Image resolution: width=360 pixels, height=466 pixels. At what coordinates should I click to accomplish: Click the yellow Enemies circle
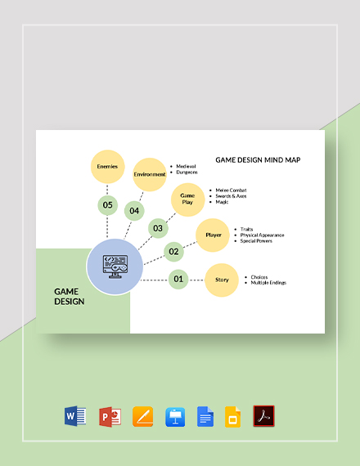(108, 167)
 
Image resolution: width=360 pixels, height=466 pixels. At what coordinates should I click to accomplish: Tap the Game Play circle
(187, 199)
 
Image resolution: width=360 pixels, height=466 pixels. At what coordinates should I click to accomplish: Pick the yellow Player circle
(214, 235)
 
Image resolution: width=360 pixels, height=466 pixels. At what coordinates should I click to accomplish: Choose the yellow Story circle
(222, 280)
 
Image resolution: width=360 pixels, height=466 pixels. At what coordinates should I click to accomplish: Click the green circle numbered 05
(107, 205)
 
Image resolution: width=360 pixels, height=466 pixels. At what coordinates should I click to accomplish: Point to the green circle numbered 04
(134, 211)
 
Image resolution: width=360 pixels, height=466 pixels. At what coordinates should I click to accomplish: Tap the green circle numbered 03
(157, 228)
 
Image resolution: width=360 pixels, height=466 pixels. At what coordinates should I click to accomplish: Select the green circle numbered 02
(173, 252)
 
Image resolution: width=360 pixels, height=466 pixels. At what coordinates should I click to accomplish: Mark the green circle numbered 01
(178, 280)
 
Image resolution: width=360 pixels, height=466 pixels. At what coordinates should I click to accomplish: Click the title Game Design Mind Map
(258, 160)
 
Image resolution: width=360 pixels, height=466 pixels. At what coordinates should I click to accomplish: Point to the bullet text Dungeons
(187, 173)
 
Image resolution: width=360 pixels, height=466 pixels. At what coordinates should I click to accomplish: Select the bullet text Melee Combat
(232, 190)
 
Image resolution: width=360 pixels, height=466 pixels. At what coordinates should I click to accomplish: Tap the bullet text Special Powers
(256, 241)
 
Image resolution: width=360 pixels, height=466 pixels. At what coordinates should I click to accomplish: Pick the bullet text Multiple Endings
(268, 283)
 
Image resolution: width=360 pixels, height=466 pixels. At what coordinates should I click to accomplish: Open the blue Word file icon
(75, 417)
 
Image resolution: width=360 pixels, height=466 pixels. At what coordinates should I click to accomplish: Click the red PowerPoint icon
(110, 417)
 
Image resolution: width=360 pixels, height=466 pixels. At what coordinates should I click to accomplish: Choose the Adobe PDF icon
(264, 417)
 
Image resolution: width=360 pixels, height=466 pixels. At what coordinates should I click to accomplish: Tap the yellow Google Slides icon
(232, 417)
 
